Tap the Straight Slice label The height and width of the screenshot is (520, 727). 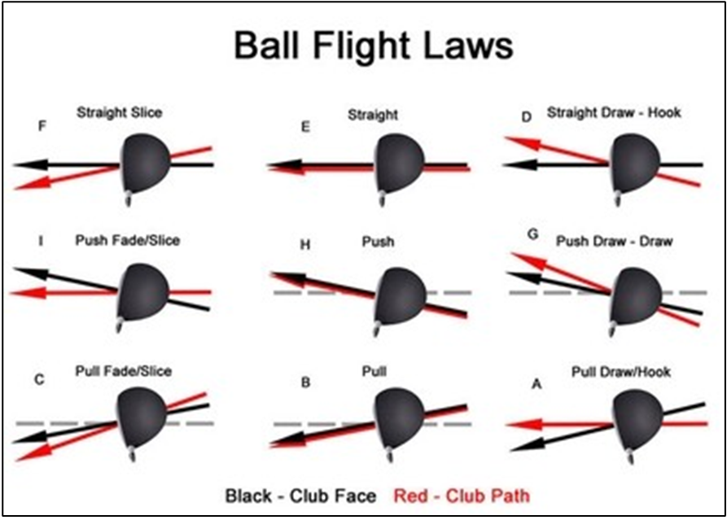(x=119, y=113)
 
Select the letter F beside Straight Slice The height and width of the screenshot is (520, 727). (x=42, y=126)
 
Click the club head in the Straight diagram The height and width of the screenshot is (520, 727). (x=398, y=164)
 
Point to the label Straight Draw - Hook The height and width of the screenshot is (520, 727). (x=614, y=113)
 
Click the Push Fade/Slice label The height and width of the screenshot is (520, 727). (x=127, y=241)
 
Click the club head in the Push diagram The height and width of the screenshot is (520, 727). (x=399, y=291)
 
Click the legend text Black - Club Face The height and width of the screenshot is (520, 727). (x=301, y=495)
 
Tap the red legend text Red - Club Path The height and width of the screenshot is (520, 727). (x=461, y=495)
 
